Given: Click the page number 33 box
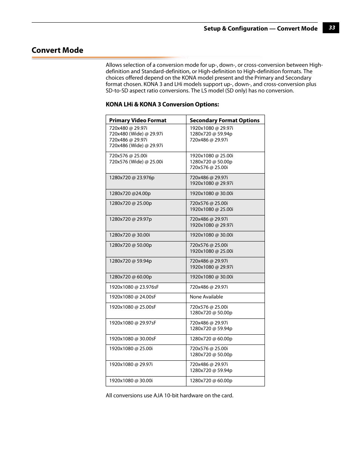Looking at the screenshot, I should click(331, 28).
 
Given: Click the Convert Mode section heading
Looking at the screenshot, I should click(57, 50).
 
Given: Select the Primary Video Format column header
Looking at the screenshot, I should click(138, 120).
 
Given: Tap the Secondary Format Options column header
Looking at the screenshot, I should click(225, 120).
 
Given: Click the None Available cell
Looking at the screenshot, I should click(206, 297).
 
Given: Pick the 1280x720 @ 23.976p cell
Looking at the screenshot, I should click(132, 178).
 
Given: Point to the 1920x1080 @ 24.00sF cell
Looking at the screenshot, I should click(132, 297).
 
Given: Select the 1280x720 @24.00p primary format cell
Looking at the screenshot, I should click(130, 194).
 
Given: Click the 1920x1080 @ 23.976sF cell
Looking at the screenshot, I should click(134, 287).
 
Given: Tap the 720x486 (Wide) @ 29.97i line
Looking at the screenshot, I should click(136, 146).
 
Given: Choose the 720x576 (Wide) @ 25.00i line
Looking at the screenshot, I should click(136, 162).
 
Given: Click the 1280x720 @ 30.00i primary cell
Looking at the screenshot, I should click(129, 235).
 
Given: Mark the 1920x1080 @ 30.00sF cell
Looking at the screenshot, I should click(132, 339).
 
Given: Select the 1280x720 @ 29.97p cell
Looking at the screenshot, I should click(131, 219).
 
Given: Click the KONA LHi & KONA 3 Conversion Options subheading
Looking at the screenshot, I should click(162, 105).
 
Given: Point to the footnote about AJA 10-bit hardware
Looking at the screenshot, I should click(169, 395).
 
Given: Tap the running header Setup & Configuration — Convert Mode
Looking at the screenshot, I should click(260, 28).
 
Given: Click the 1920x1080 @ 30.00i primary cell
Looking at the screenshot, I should click(131, 381).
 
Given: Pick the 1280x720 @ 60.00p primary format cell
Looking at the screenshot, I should click(131, 277).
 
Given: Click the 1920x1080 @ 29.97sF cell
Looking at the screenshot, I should click(132, 323).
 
